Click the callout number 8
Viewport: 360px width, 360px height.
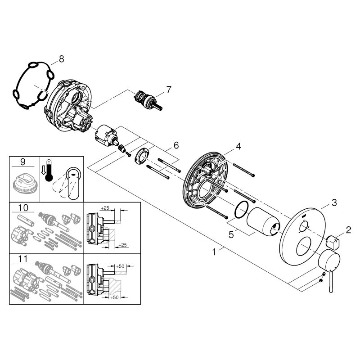pos(61,59)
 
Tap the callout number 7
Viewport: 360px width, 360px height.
pos(169,90)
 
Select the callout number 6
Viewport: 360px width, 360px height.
pos(176,145)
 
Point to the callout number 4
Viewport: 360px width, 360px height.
pos(238,146)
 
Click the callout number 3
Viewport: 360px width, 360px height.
pos(334,202)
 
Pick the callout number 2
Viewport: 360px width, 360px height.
pos(348,230)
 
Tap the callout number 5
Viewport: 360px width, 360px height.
pos(231,234)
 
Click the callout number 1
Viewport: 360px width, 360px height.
pos(214,252)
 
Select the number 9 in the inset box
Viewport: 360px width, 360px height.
pos(23,162)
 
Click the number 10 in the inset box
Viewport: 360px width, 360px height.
pos(23,208)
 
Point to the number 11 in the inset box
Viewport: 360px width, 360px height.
pos(23,259)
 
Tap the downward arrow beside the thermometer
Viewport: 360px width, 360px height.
pos(43,171)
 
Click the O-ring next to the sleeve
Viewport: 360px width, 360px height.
pos(241,210)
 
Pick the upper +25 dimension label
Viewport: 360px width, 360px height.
pos(105,208)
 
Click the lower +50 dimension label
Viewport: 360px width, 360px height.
pos(114,297)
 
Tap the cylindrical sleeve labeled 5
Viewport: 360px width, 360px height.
pos(263,221)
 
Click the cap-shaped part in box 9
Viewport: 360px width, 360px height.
pos(24,184)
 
